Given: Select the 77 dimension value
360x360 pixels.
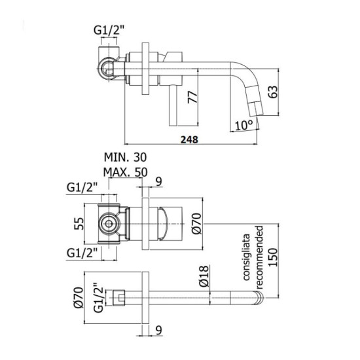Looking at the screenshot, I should coord(192,98).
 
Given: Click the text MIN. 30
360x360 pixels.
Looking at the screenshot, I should coord(126,158).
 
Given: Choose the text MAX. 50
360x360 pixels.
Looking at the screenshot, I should coord(126,173).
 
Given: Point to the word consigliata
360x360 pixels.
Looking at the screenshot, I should coord(248,255).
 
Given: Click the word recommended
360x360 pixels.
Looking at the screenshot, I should coord(260,255).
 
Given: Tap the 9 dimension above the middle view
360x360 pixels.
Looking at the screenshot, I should coord(158,183).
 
